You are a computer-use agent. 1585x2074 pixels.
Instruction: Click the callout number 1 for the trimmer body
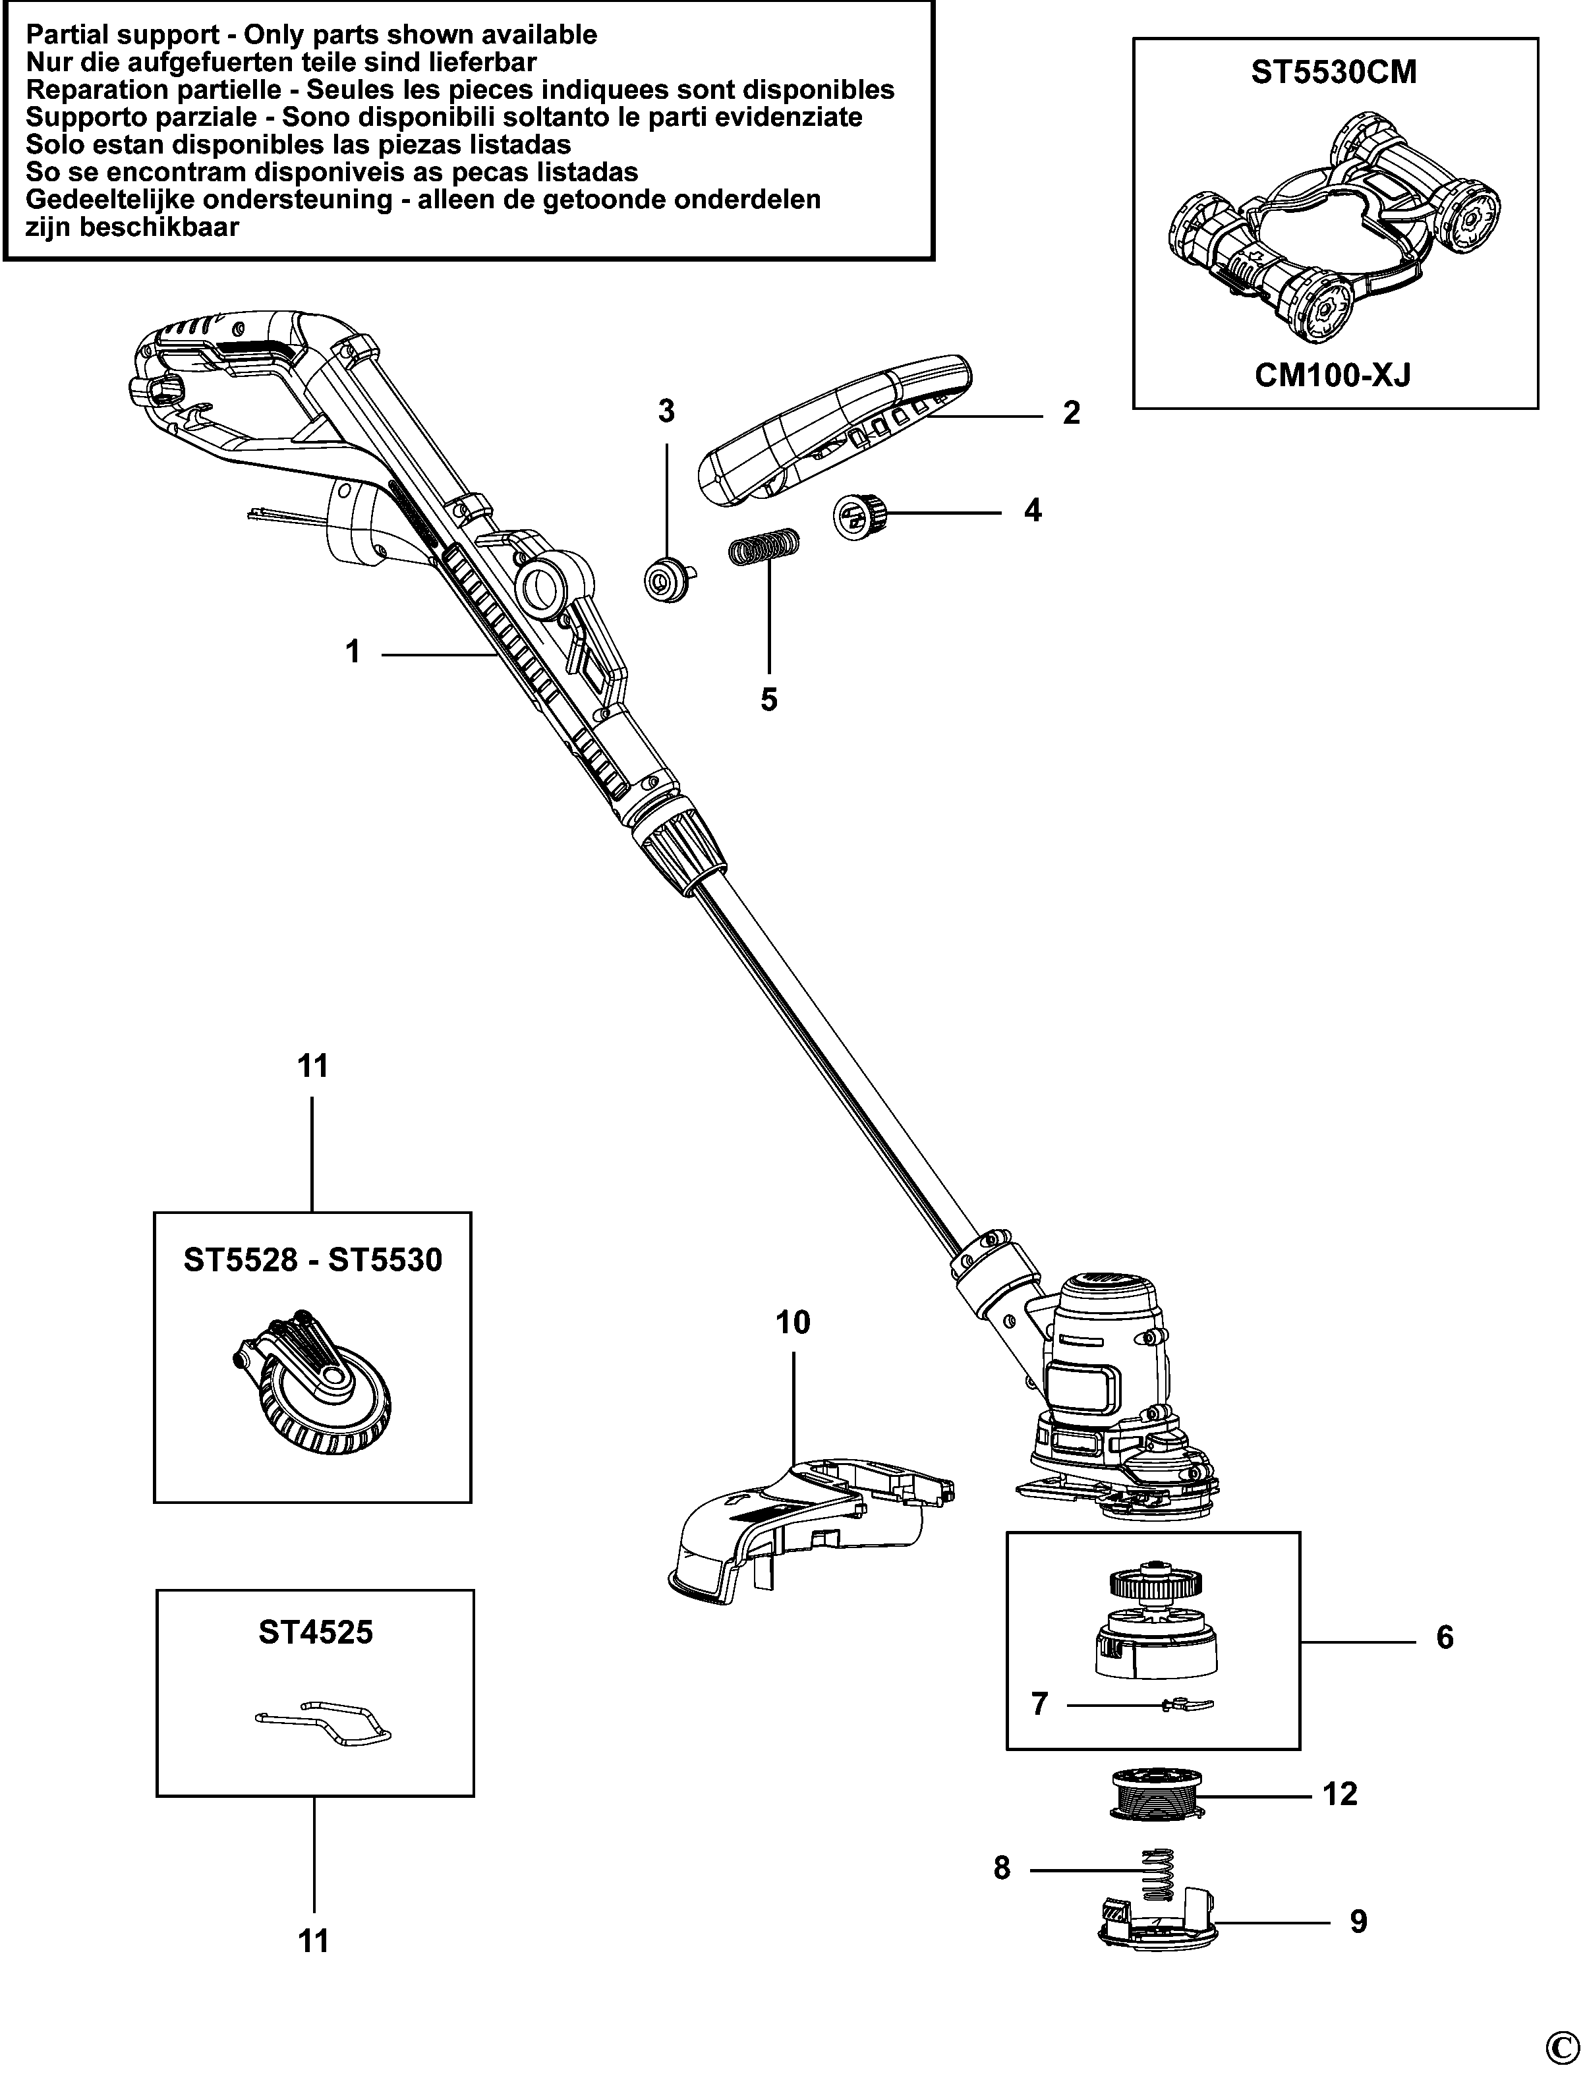click(353, 652)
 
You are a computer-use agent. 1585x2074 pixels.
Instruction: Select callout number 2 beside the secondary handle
click(1071, 413)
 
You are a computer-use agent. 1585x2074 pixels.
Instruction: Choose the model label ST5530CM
click(1334, 72)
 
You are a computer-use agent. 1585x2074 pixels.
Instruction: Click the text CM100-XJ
click(1333, 376)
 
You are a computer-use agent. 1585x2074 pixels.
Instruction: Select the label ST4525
click(316, 1632)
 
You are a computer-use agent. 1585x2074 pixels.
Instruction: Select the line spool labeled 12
click(1157, 1797)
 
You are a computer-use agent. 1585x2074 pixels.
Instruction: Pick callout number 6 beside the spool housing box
click(1445, 1638)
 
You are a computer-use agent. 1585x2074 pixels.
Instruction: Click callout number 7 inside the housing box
click(1040, 1705)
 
